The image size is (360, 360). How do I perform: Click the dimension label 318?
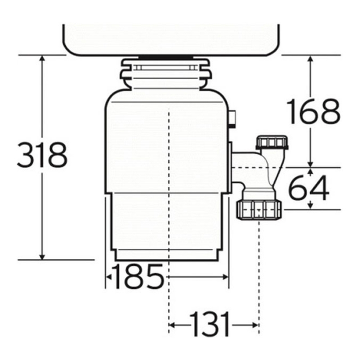[42, 155]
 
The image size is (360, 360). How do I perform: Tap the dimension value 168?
[313, 111]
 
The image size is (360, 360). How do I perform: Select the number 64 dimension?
[308, 188]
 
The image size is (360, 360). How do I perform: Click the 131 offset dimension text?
[210, 324]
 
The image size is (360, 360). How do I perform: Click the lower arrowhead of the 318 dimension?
[42, 257]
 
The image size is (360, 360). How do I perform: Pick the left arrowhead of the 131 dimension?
[172, 325]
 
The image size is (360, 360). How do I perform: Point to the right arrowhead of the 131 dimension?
[256, 325]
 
